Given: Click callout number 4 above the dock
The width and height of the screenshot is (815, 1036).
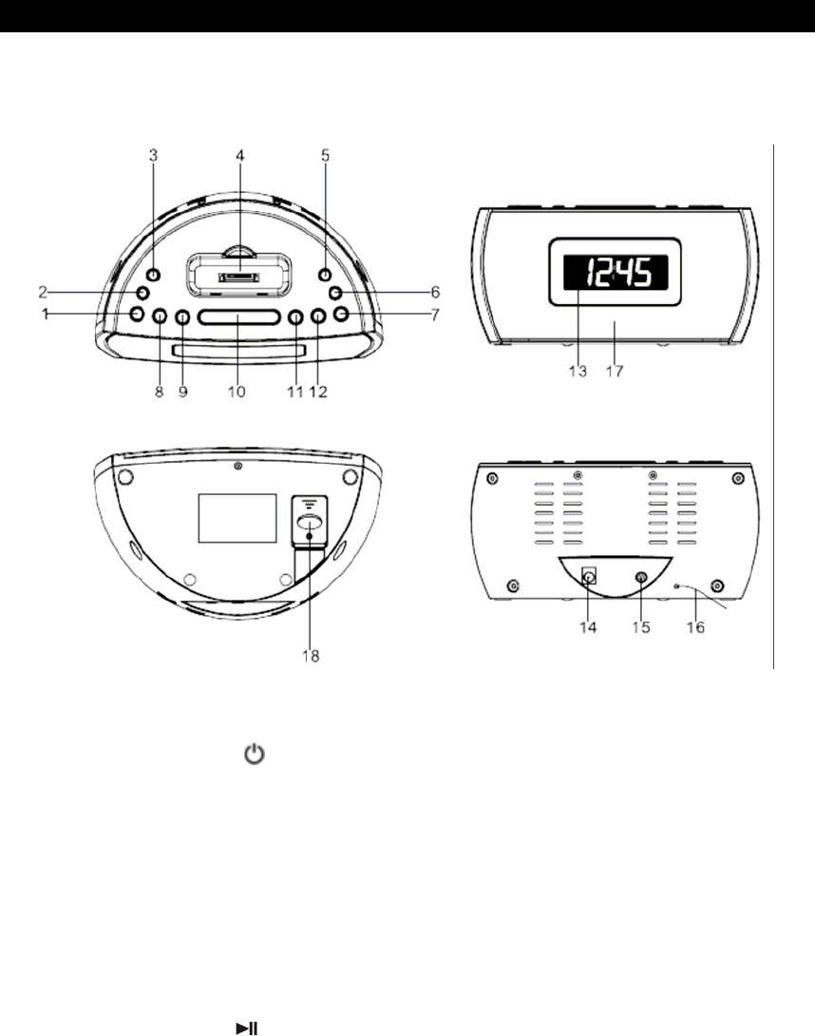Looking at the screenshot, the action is click(x=239, y=156).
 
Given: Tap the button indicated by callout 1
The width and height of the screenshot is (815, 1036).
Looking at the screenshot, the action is click(x=137, y=314).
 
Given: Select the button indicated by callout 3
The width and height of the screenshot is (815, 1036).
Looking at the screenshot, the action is click(x=153, y=275).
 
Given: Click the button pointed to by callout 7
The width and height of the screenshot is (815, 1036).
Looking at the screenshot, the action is click(x=341, y=314).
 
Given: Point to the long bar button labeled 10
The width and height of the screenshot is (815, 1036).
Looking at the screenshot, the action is click(x=238, y=317).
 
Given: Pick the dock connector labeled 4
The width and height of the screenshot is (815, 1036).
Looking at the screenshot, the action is click(x=239, y=278).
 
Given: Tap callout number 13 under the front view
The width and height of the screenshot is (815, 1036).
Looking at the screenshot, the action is click(x=578, y=372).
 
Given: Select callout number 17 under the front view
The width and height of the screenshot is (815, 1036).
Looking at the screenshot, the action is click(x=615, y=372).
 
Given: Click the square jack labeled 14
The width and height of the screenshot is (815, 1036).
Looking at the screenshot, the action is click(x=589, y=576).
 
